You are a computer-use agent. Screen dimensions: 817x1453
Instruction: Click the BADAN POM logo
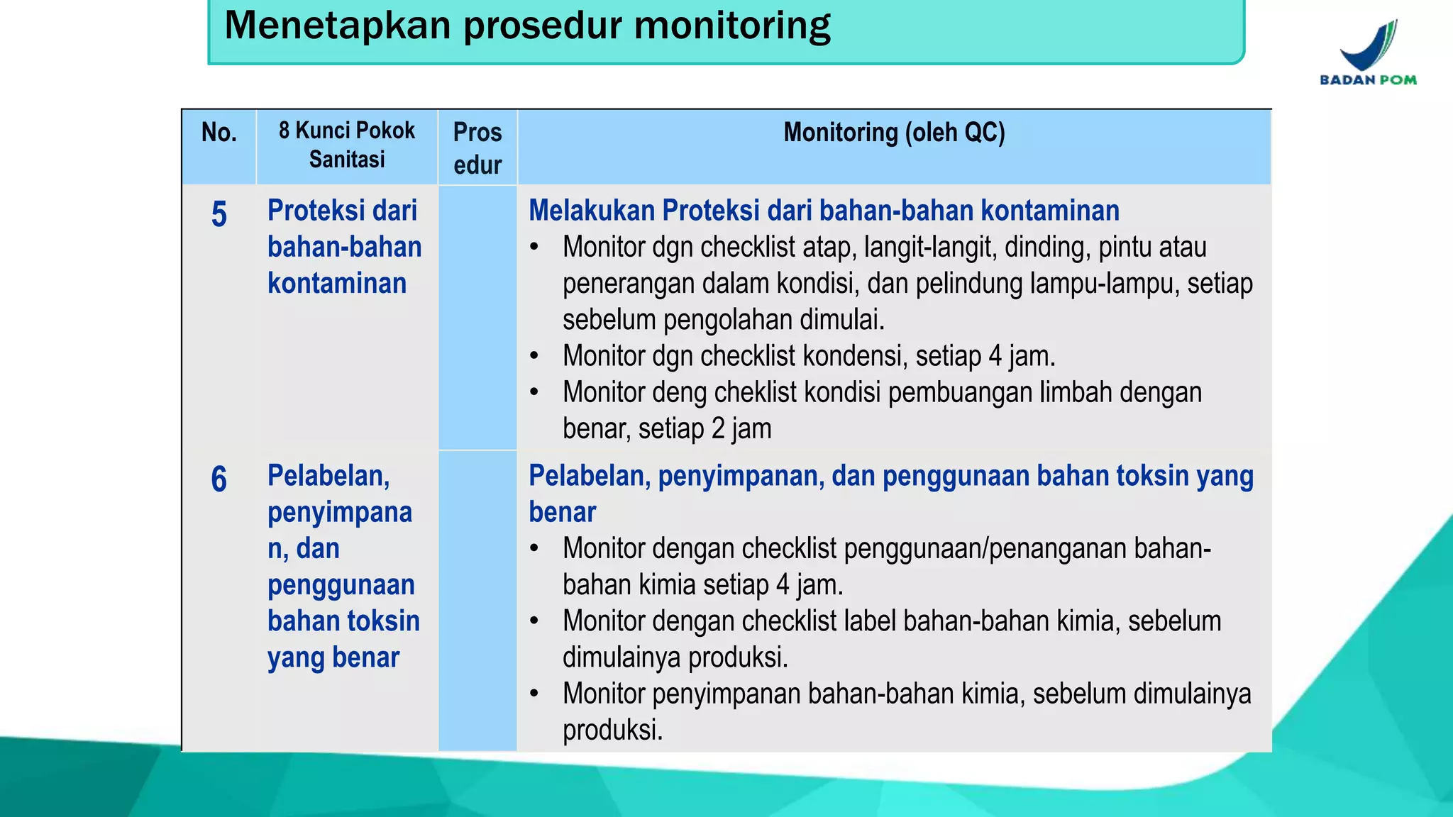coord(1369,53)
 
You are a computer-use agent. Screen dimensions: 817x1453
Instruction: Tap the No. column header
coord(219,133)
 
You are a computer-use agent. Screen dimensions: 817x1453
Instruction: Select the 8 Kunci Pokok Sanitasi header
coord(347,145)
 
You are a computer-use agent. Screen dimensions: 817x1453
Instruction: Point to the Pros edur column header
coord(477,148)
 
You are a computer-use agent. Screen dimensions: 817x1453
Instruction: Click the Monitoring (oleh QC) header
coord(894,133)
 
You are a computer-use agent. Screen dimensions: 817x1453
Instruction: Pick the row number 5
coord(219,214)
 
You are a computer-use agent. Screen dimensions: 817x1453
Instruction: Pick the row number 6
coord(219,479)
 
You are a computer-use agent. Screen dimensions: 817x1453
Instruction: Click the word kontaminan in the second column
coord(337,284)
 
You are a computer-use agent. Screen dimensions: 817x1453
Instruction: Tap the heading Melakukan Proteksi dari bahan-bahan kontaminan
coord(824,211)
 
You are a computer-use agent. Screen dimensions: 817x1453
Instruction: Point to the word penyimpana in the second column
coord(340,513)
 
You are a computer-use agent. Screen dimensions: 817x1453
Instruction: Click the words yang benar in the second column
coord(333,658)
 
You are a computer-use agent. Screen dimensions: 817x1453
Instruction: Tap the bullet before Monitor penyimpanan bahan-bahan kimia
coord(534,694)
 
